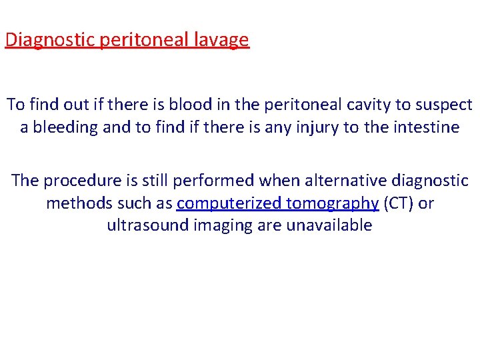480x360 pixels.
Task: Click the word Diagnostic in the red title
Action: click(x=51, y=40)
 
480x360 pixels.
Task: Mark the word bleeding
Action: click(x=66, y=127)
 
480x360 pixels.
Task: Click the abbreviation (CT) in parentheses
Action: click(x=399, y=203)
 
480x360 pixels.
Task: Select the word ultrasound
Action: click(x=148, y=225)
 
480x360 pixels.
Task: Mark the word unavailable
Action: click(x=329, y=225)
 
